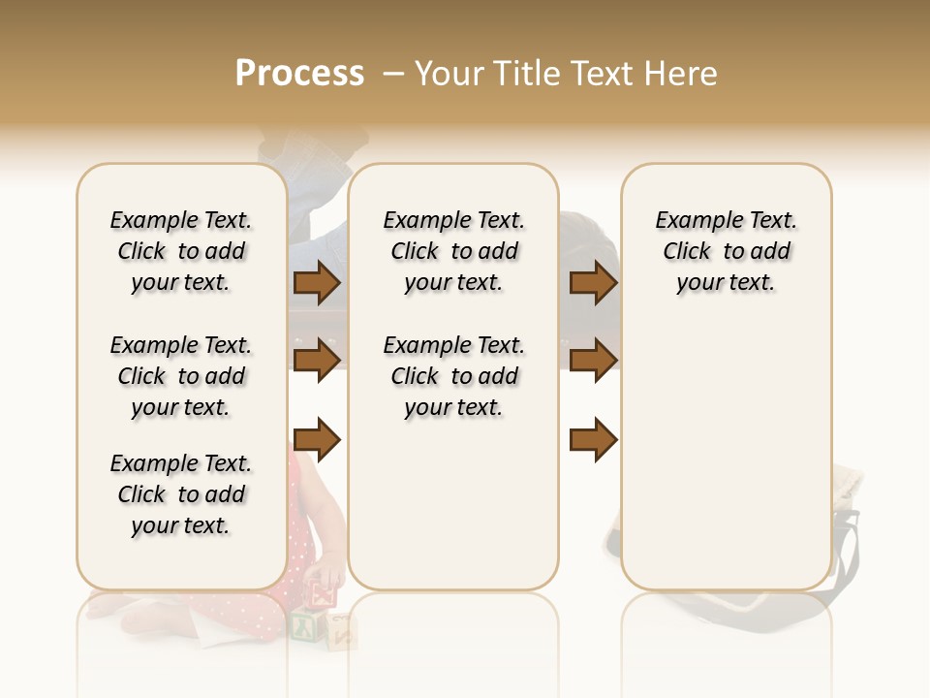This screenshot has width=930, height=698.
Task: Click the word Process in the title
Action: (299, 73)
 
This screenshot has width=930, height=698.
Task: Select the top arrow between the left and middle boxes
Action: (317, 282)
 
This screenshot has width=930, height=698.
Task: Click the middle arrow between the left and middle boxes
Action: (317, 361)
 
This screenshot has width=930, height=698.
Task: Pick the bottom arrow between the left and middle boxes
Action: (317, 440)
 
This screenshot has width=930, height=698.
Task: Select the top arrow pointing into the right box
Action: (593, 282)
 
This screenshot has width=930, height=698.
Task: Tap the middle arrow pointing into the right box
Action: (593, 361)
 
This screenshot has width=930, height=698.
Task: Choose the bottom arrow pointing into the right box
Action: (593, 440)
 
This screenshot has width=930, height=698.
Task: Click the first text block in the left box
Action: (181, 251)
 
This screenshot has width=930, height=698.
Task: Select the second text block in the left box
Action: (181, 376)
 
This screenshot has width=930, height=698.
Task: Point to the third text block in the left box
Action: (181, 494)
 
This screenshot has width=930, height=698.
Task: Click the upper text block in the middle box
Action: (453, 251)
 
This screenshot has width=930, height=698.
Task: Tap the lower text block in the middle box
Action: (453, 376)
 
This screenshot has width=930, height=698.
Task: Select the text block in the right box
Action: (726, 251)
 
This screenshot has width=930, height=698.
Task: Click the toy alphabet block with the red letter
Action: (324, 589)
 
